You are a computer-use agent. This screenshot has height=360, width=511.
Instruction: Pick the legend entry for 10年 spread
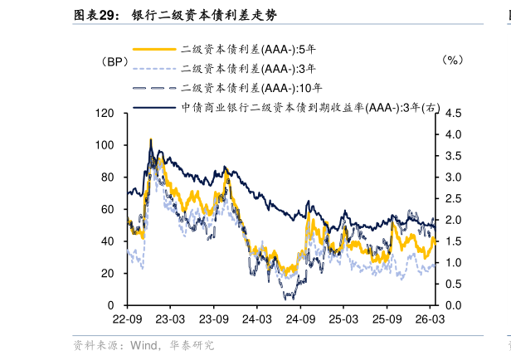pyautogui.click(x=240, y=87)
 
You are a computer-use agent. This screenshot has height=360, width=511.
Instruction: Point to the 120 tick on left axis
pyautogui.click(x=105, y=113)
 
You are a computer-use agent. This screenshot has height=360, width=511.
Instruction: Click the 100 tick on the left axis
pyautogui.click(x=105, y=145)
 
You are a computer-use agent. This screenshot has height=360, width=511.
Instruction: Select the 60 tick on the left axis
pyautogui.click(x=107, y=209)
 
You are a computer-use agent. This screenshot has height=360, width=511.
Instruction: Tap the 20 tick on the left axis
pyautogui.click(x=107, y=274)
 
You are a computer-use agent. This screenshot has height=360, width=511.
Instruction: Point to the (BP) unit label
pyautogui.click(x=109, y=61)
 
